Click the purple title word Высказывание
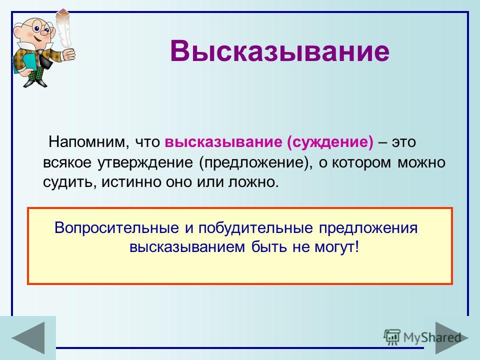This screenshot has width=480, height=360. click(x=280, y=51)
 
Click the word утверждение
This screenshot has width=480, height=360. click(x=145, y=163)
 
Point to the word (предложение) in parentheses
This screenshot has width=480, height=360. click(x=256, y=163)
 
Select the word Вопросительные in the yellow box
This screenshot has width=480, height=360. click(x=116, y=228)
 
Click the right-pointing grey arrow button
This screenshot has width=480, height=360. click(x=450, y=338)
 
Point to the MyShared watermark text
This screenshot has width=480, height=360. click(x=432, y=337)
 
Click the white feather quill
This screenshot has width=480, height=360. click(x=64, y=28)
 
